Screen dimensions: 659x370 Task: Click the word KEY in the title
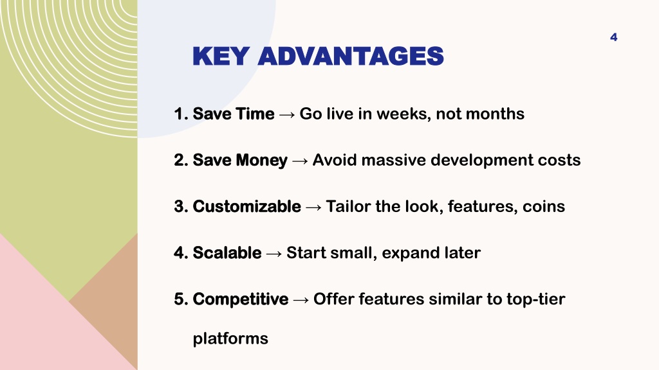pyautogui.click(x=221, y=57)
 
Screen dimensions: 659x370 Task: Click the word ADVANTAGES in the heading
pyautogui.click(x=351, y=57)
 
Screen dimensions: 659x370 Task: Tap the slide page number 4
pyautogui.click(x=613, y=37)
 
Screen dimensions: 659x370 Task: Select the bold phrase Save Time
pyautogui.click(x=233, y=114)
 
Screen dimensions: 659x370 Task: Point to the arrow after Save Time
pyautogui.click(x=287, y=114)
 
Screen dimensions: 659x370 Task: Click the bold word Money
pyautogui.click(x=261, y=160)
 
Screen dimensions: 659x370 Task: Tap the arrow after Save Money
pyautogui.click(x=300, y=161)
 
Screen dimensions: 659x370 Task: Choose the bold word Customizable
pyautogui.click(x=246, y=206)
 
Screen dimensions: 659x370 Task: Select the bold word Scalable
pyautogui.click(x=227, y=252)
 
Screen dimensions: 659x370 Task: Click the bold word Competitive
pyautogui.click(x=241, y=299)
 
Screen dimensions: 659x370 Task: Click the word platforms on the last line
pyautogui.click(x=230, y=339)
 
